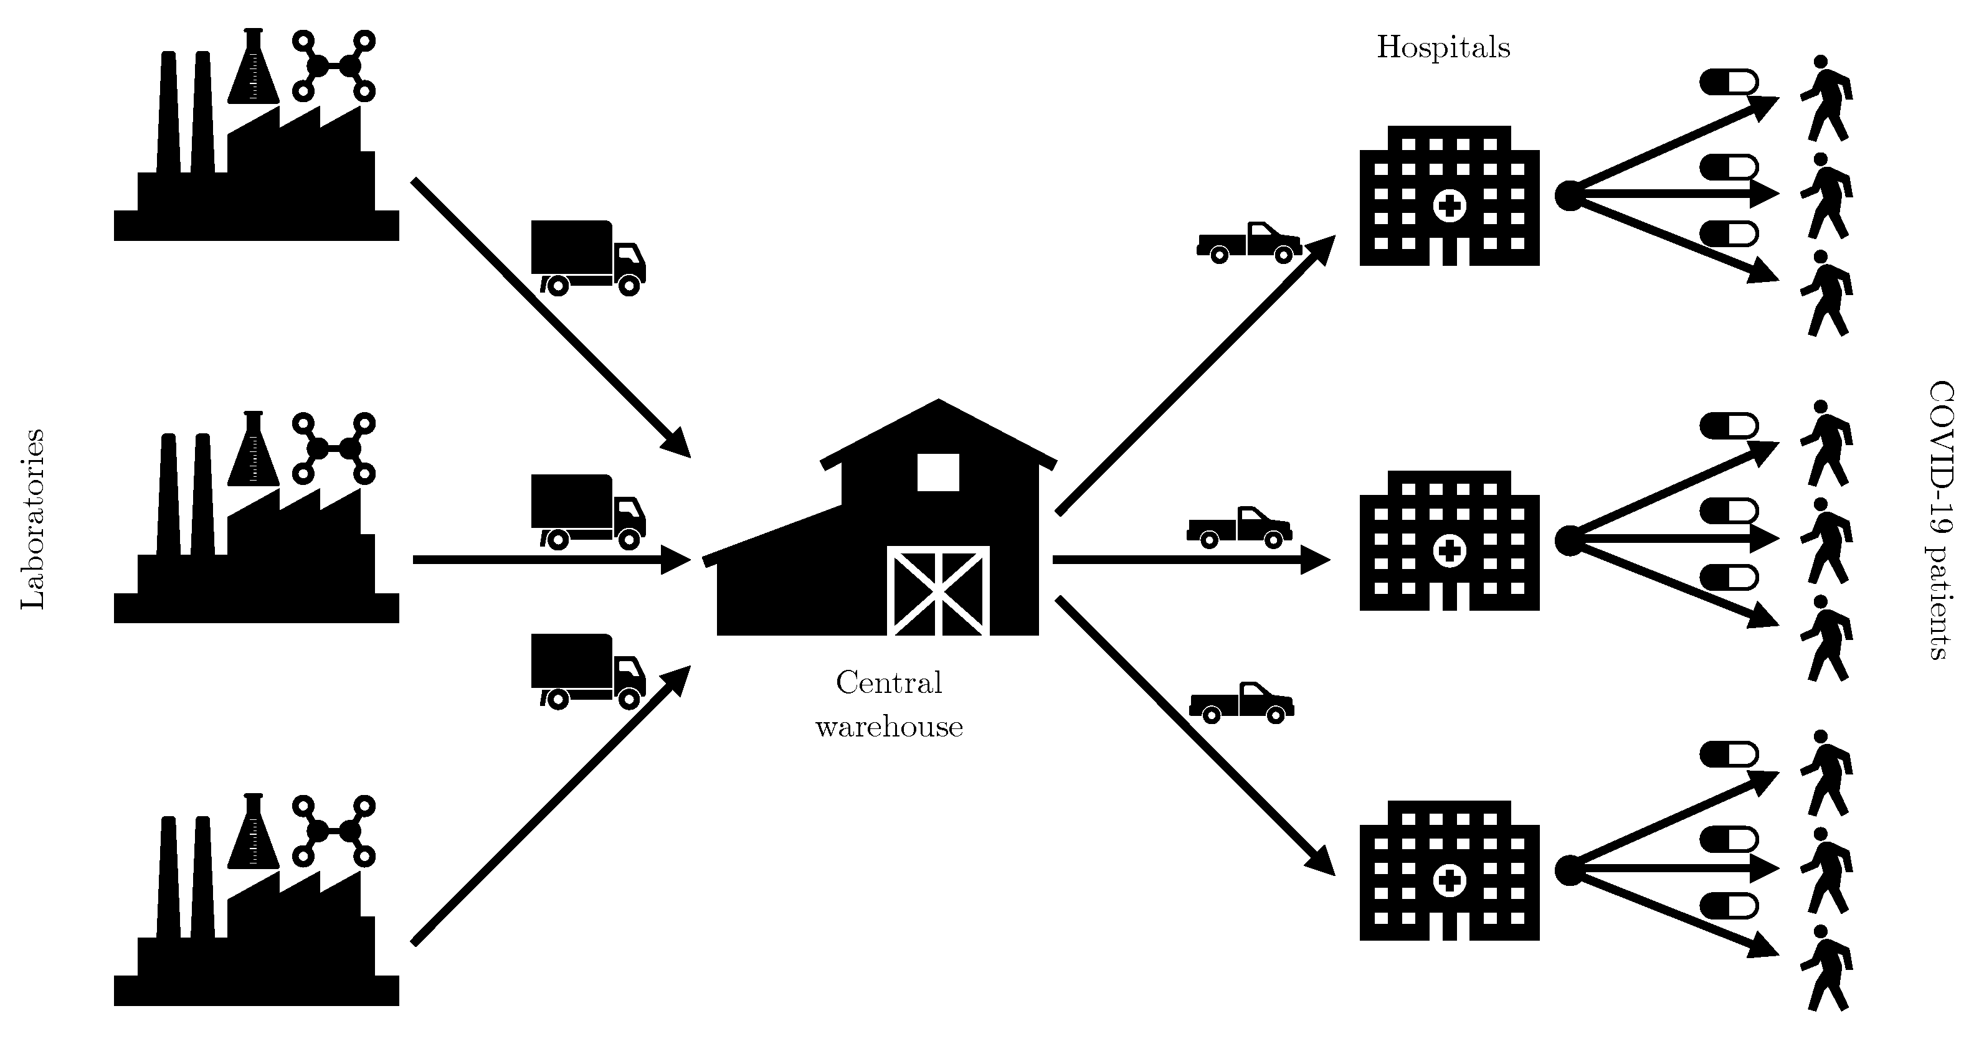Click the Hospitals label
coord(1443,47)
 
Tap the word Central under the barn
coord(888,683)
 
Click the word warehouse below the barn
coord(889,727)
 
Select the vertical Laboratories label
coord(33,519)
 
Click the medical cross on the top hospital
coord(1450,206)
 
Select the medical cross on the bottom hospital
coord(1450,881)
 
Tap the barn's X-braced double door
coord(938,591)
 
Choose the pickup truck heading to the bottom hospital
coord(1241,703)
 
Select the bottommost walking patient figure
coord(1826,967)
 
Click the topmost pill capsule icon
coord(1729,82)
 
